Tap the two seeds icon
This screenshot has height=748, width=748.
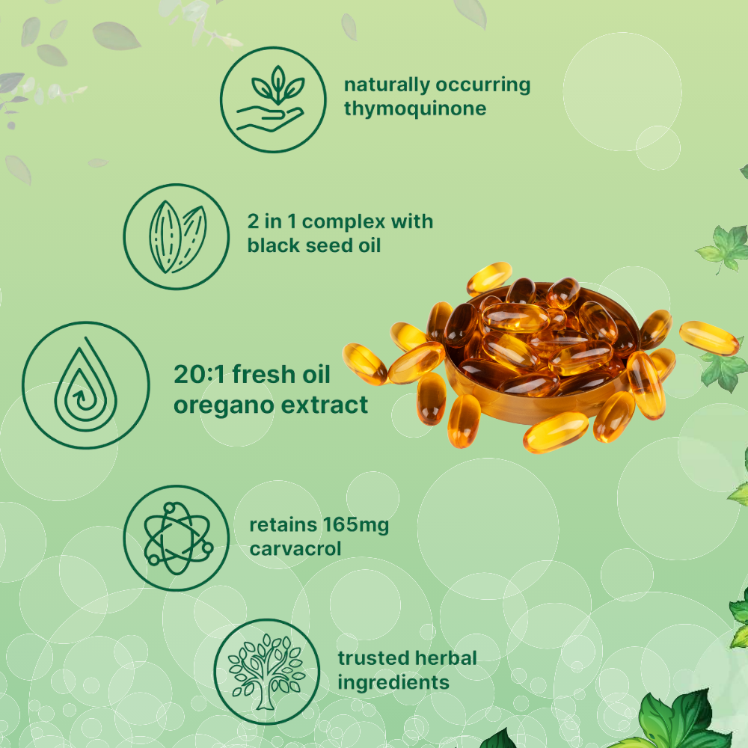click(177, 236)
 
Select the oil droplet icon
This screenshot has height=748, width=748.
click(86, 385)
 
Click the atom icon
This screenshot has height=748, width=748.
click(177, 538)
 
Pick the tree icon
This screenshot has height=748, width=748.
click(267, 672)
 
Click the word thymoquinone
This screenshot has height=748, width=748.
click(415, 108)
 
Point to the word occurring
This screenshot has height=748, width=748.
click(482, 85)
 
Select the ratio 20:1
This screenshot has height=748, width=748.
click(200, 375)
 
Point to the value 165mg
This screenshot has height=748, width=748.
click(354, 525)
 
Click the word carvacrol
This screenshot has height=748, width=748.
click(295, 548)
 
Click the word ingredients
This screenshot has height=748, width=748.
click(393, 683)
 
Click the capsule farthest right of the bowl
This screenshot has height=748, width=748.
click(709, 338)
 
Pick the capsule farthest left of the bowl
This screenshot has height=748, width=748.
click(365, 364)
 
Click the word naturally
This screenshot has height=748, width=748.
click(387, 85)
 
